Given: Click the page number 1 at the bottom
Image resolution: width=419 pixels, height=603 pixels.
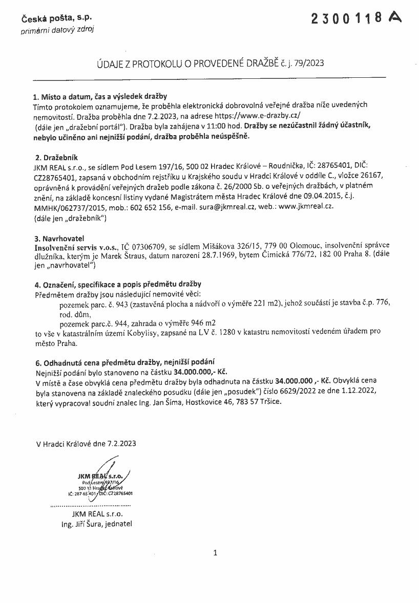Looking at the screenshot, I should tap(215, 552).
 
